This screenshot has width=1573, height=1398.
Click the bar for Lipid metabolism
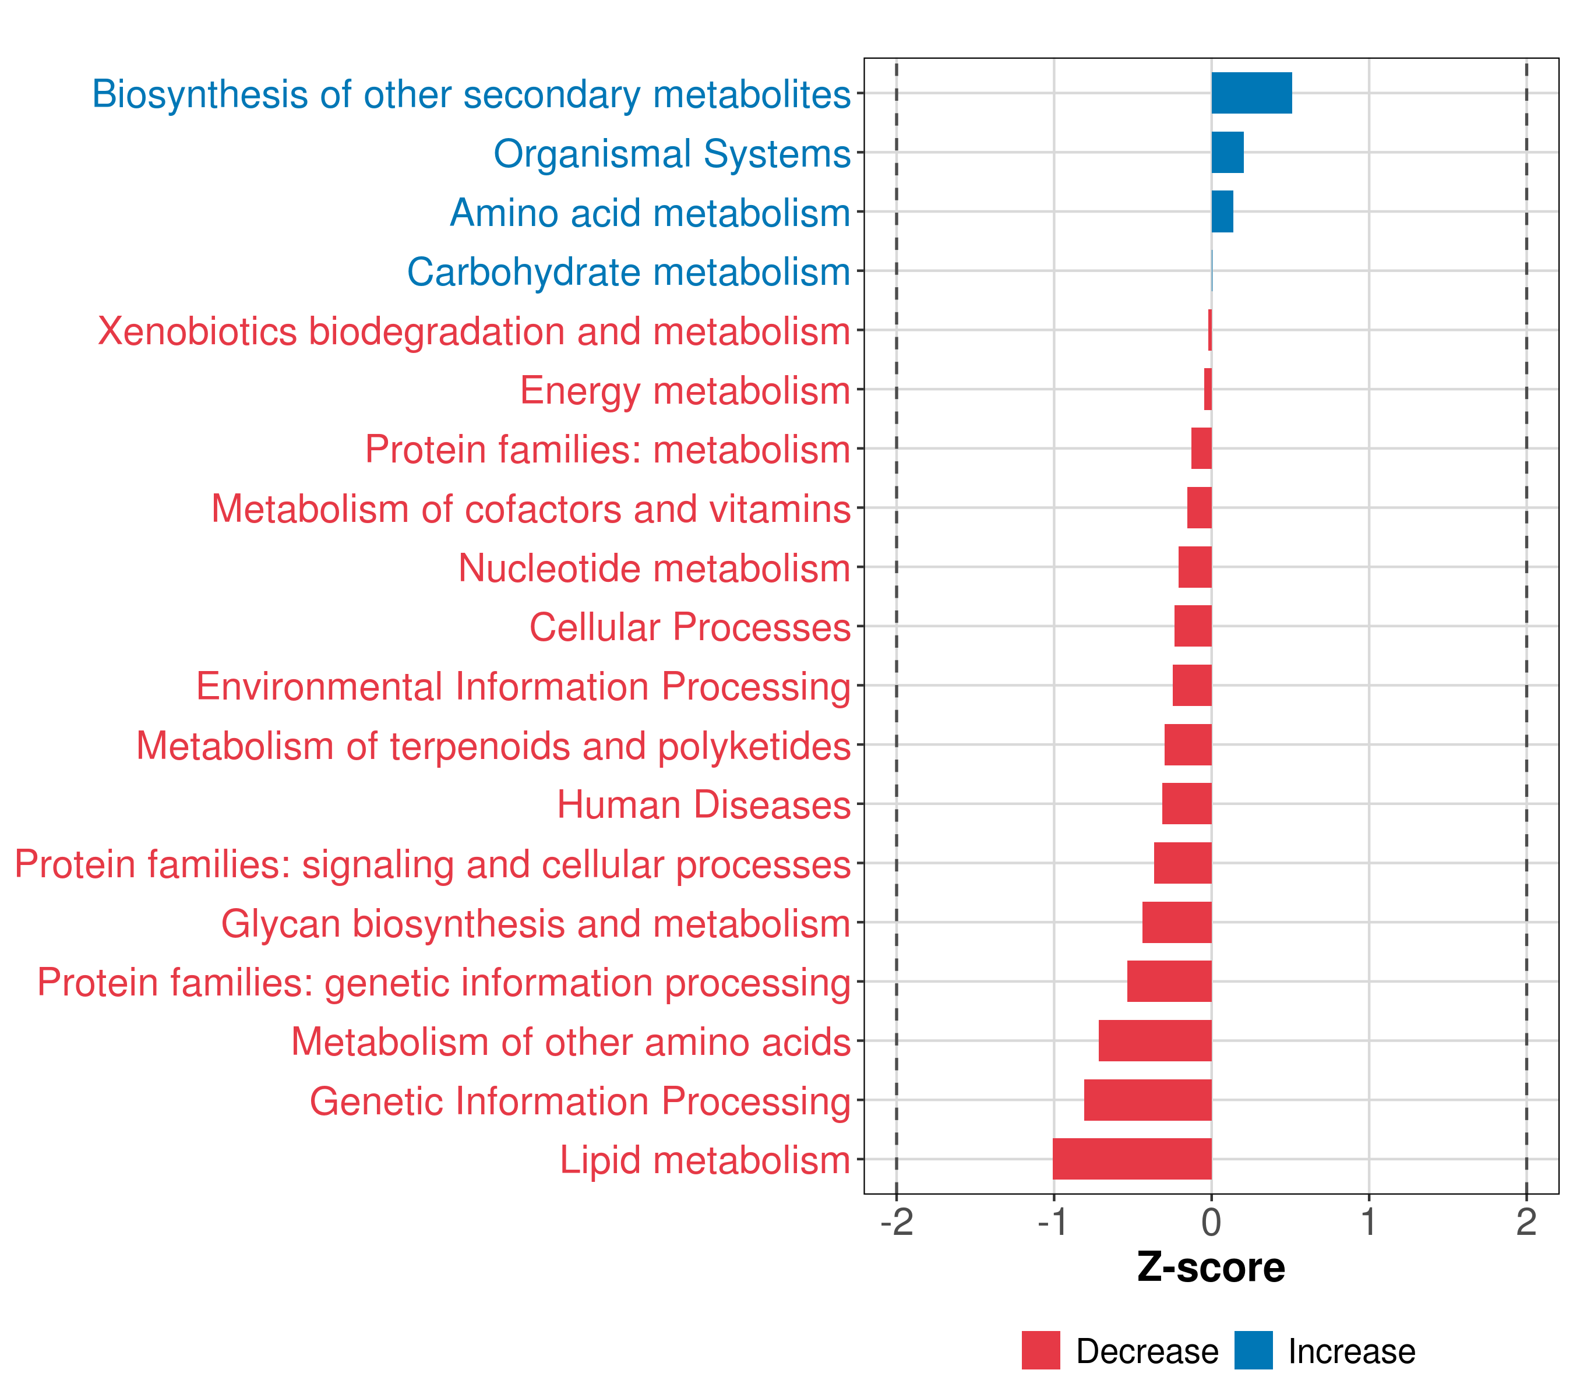tap(1131, 1159)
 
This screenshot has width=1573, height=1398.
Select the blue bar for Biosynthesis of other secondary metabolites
tap(1251, 93)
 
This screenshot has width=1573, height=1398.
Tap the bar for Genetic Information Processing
tap(1148, 1100)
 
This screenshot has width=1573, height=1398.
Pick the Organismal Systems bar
tap(1228, 153)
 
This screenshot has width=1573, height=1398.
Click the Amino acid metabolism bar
tap(1222, 211)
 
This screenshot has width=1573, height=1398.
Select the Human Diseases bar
tap(1187, 804)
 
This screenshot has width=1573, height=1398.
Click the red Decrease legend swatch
tap(1041, 1350)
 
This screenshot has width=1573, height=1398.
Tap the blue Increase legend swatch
tap(1253, 1350)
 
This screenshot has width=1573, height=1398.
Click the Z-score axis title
tap(1211, 1267)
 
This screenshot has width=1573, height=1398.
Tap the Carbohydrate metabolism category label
tap(628, 271)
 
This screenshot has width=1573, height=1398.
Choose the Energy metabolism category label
tap(685, 390)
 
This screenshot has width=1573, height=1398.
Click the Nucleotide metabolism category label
tap(654, 568)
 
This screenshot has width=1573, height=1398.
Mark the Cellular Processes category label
tap(690, 627)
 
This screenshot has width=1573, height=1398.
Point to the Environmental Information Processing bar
tap(1192, 686)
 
